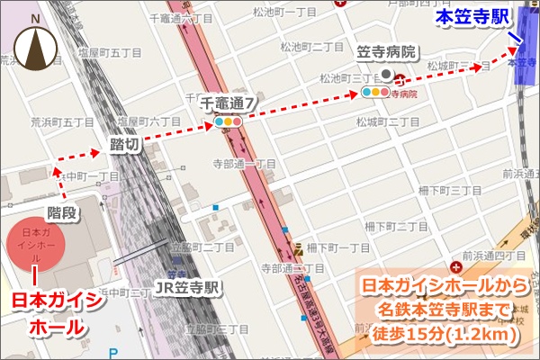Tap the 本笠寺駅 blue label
click(472, 17)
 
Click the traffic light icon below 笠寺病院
click(376, 92)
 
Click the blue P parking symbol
click(112, 354)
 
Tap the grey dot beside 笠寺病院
click(386, 75)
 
